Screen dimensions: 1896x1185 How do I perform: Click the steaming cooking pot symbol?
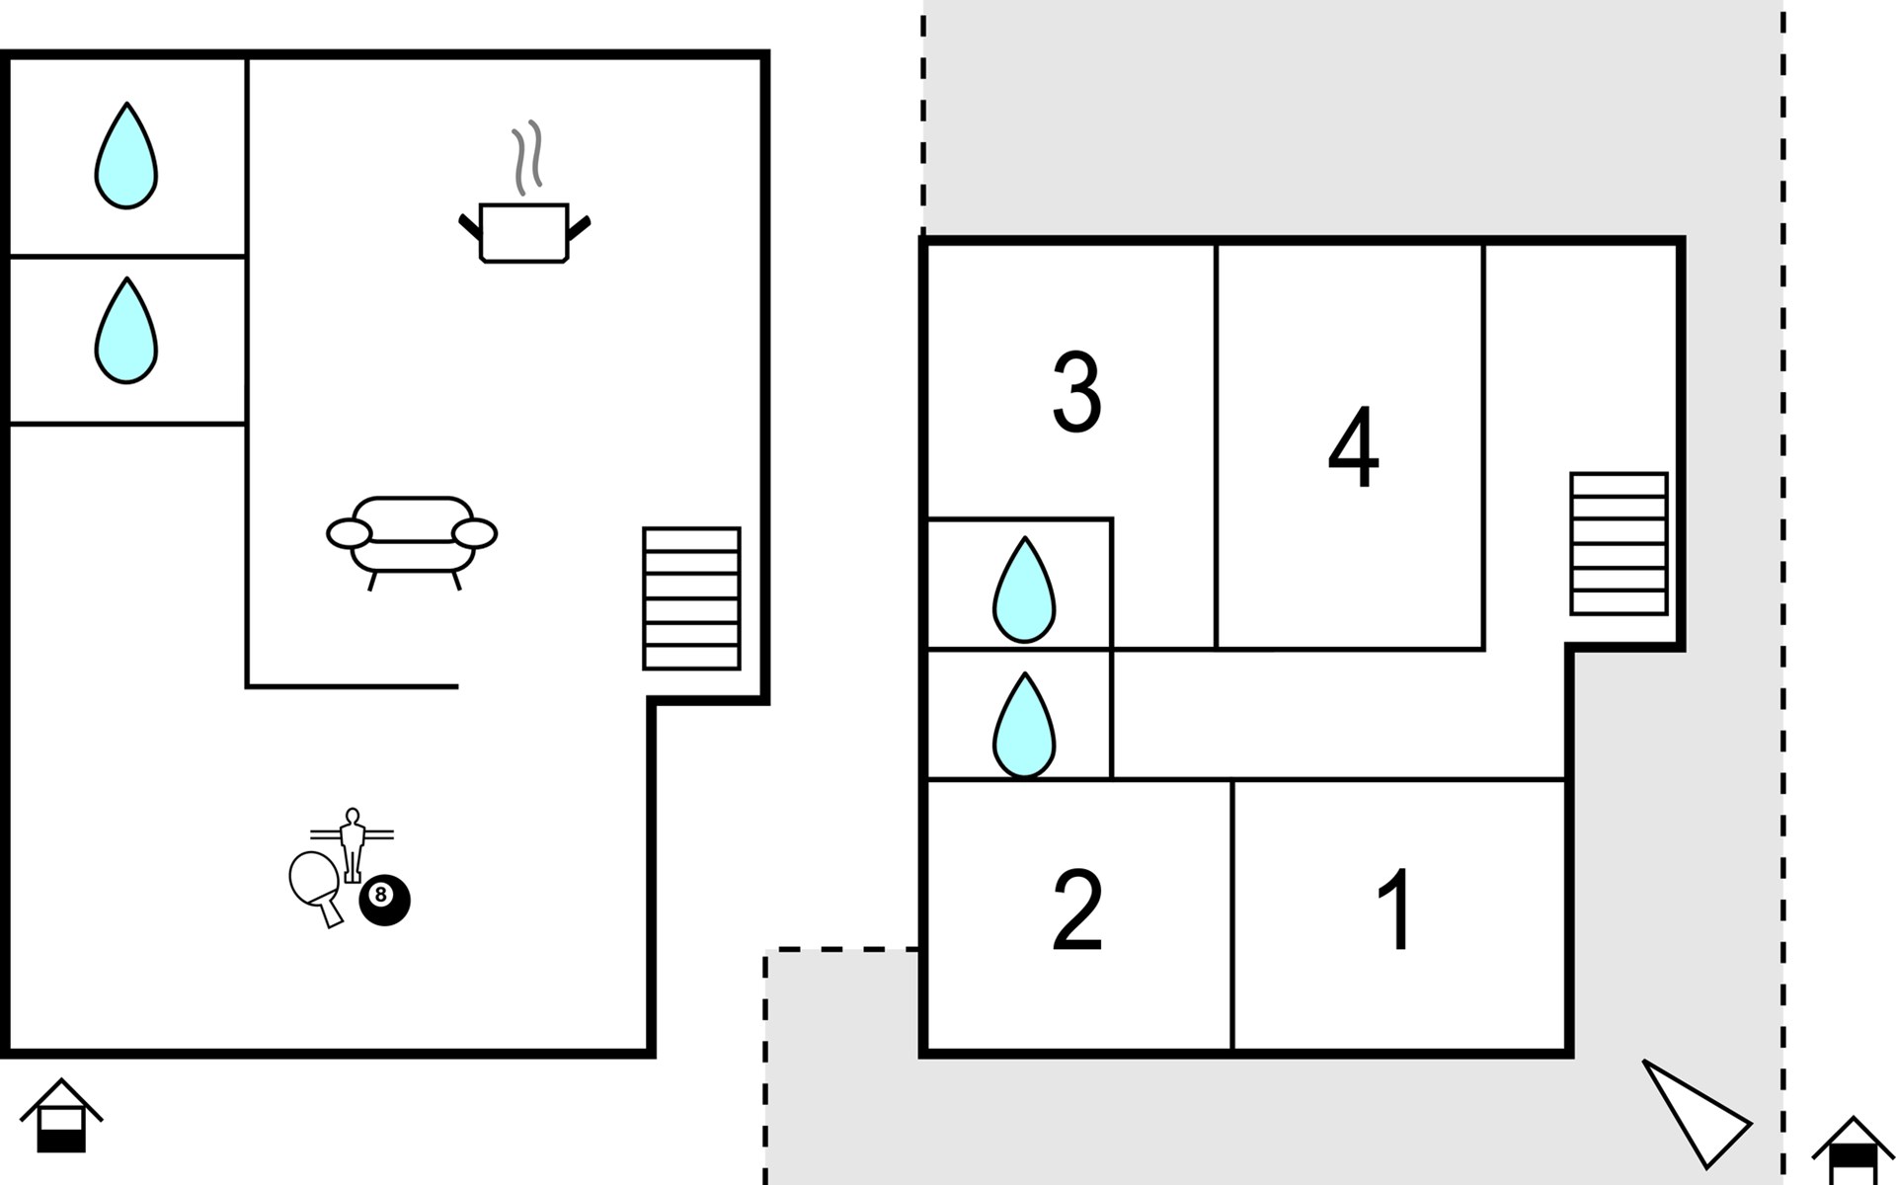coord(524,232)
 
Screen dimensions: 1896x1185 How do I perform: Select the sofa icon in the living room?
coord(412,541)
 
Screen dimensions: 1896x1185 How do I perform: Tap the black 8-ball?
coord(384,900)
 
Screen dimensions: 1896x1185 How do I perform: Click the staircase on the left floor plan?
coord(691,598)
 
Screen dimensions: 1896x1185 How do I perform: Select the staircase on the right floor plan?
coord(1619,543)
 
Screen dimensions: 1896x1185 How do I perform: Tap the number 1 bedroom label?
coord(1395,909)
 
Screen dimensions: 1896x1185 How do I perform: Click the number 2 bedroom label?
coord(1077,909)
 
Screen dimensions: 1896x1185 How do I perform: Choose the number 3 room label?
coord(1076,392)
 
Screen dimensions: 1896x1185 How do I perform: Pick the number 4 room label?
coord(1353,446)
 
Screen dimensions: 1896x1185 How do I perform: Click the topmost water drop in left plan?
coord(126,156)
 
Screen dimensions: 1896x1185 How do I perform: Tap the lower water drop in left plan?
coord(126,330)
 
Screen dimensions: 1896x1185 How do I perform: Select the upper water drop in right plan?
coord(1024,590)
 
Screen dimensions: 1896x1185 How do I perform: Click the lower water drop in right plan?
coord(1024,726)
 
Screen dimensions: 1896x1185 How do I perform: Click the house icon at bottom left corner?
coord(61,1116)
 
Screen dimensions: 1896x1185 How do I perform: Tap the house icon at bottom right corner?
coord(1853,1150)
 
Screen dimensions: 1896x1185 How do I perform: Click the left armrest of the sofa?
coord(349,534)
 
